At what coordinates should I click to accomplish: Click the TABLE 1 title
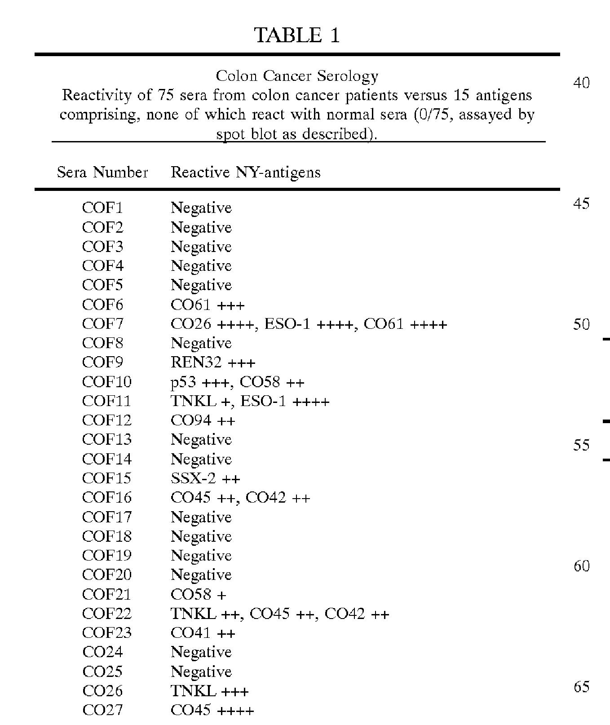[297, 35]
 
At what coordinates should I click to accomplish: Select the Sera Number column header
[102, 172]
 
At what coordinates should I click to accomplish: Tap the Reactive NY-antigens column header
[245, 172]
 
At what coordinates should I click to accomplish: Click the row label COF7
[102, 324]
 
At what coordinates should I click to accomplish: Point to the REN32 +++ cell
[213, 362]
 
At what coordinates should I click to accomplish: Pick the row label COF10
[106, 382]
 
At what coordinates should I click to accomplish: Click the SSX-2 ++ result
[205, 478]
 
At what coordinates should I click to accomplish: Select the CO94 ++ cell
[203, 420]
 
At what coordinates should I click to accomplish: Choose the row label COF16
[106, 498]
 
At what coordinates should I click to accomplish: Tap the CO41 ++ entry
[203, 633]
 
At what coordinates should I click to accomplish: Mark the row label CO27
[102, 710]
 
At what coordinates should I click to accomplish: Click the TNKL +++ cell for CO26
[209, 691]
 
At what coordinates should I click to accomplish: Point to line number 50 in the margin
[581, 324]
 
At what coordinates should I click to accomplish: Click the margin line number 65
[581, 687]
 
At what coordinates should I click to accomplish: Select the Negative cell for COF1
[201, 208]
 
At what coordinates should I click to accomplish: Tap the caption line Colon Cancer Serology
[297, 76]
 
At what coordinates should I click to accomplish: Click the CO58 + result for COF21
[199, 594]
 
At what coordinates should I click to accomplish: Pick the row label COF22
[106, 614]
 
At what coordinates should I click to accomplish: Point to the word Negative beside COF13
[201, 440]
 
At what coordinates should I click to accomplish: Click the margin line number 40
[581, 83]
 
